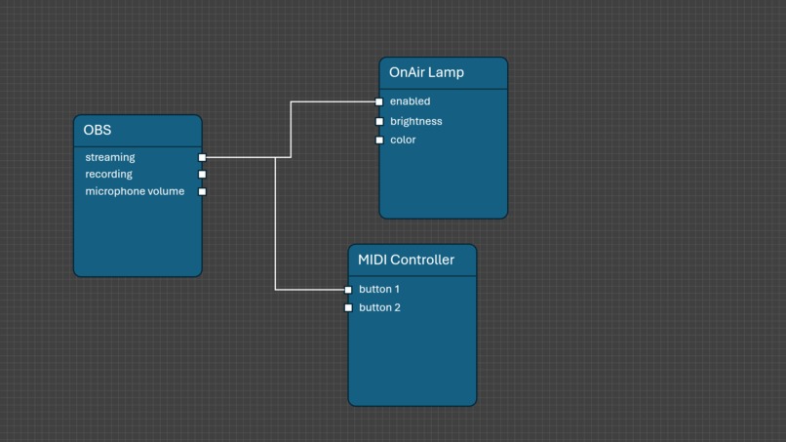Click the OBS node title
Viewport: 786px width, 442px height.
coord(98,131)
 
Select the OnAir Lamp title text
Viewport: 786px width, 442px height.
coord(426,72)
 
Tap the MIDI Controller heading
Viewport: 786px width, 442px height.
coord(406,260)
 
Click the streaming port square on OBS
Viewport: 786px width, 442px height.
coord(202,157)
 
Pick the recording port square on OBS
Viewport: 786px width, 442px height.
coord(202,175)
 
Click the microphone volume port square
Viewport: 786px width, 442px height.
coord(202,191)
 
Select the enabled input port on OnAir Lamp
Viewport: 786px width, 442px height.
coord(379,101)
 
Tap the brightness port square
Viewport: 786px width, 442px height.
coord(379,122)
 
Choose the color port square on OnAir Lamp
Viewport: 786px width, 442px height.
coord(379,141)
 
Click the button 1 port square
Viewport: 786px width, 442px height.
coord(348,290)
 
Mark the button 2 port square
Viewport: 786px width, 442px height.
coord(348,308)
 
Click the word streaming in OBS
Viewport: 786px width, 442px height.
coord(110,157)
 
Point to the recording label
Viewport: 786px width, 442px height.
coord(108,175)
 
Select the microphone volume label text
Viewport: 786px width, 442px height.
coord(135,191)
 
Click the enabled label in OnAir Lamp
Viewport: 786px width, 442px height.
coord(410,101)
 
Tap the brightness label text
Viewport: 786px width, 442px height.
coord(415,122)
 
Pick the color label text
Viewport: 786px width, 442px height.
coord(403,141)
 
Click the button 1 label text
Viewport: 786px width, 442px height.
coord(379,290)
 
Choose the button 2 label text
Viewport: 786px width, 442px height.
coord(379,308)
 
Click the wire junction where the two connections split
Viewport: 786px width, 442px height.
coord(275,157)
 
